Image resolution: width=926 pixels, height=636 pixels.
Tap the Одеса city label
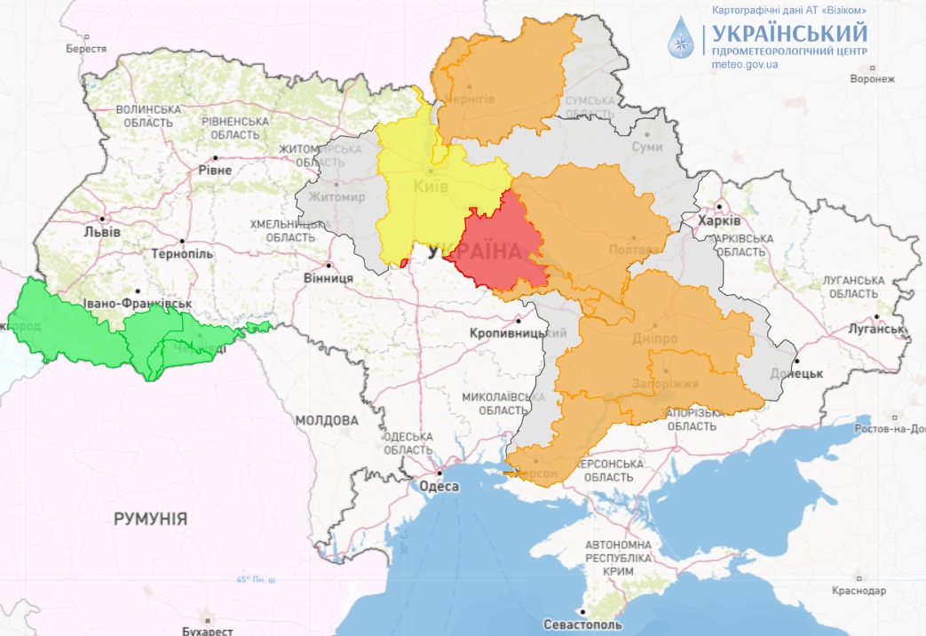point(438,486)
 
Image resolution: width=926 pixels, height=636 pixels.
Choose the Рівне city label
point(215,170)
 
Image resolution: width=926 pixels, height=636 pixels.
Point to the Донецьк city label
point(796,373)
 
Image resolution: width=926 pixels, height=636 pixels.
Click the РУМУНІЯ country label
point(150,519)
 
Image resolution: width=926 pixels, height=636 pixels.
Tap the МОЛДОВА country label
point(327,419)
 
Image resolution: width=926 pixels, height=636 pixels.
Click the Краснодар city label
point(859,591)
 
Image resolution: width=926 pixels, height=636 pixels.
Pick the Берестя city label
point(86,49)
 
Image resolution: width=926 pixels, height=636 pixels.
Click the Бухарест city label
point(207,631)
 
